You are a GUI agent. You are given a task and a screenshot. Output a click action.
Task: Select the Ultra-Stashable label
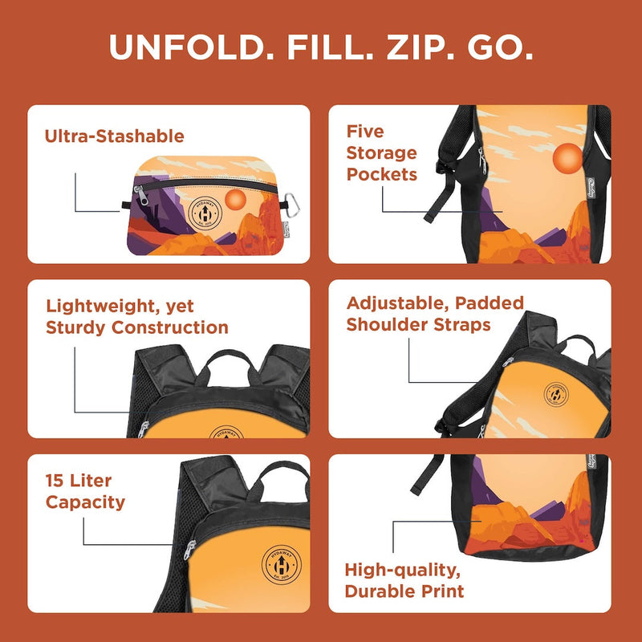coord(114,136)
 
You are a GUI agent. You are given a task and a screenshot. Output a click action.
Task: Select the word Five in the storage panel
coord(365,132)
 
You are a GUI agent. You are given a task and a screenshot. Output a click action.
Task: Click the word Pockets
coord(382,174)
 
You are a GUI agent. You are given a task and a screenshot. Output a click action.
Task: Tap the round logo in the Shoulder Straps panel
coord(555,392)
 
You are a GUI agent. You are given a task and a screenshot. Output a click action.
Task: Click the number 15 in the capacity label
coord(57,481)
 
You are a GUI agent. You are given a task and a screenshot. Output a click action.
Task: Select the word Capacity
coord(85,503)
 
